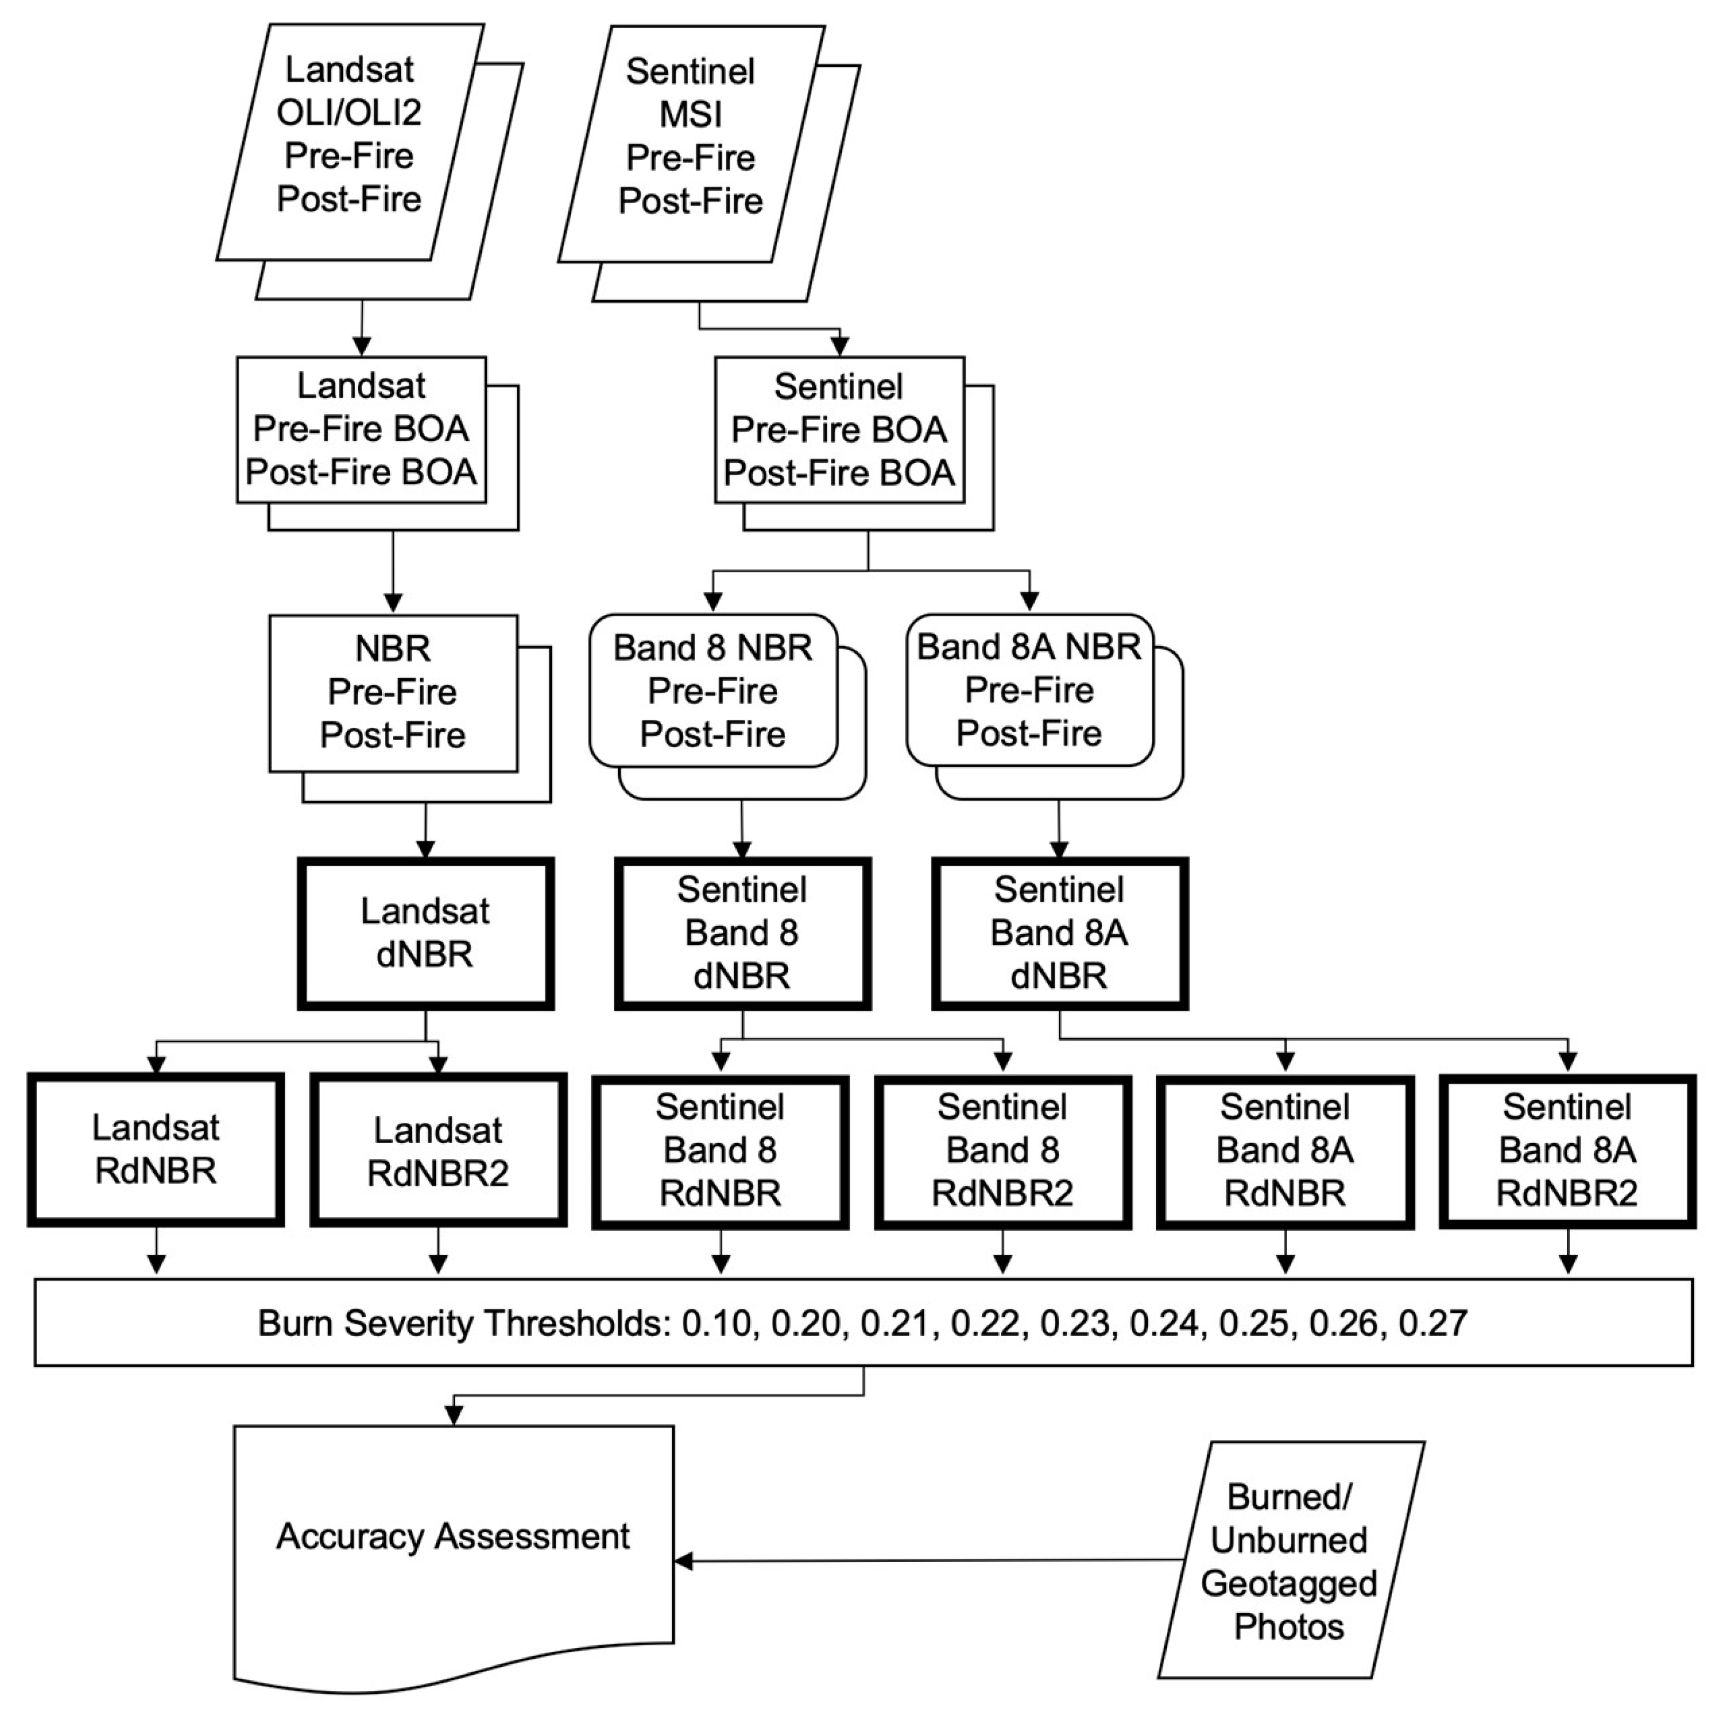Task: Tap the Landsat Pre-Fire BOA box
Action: pos(361,430)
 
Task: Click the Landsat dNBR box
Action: pos(425,934)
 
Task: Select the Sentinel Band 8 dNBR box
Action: pos(742,934)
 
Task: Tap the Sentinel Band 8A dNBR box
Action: pos(1060,934)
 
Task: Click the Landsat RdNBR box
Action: pos(156,1150)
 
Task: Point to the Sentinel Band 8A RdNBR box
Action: pos(1285,1151)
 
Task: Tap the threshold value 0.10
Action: pos(716,1323)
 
